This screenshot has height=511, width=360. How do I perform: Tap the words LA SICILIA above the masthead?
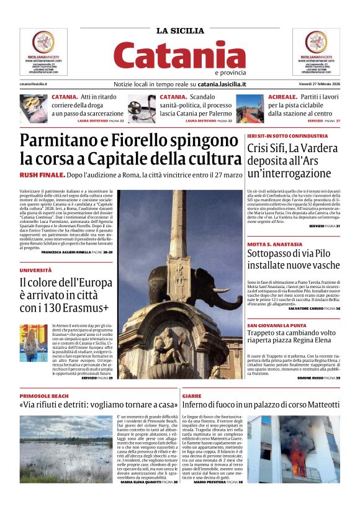pyautogui.click(x=179, y=30)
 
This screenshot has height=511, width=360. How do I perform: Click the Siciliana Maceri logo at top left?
pyautogui.click(x=43, y=51)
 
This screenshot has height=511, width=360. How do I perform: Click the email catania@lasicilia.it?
pyautogui.click(x=34, y=84)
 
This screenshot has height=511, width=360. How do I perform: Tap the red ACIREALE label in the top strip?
pyautogui.click(x=283, y=97)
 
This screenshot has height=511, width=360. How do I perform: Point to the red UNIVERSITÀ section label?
pyautogui.click(x=35, y=271)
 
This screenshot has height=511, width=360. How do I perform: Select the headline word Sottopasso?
pyautogui.click(x=277, y=255)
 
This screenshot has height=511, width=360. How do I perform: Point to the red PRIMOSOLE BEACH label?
pyautogui.click(x=44, y=396)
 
